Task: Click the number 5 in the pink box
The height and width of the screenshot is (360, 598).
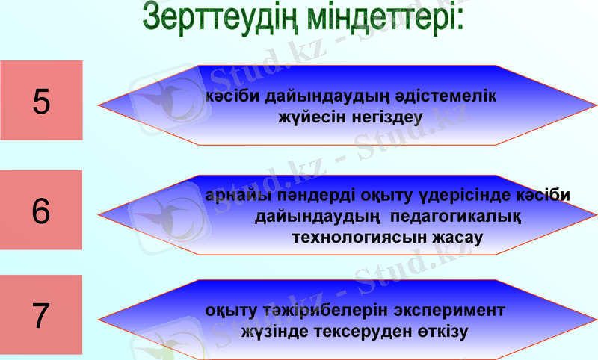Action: click(42, 102)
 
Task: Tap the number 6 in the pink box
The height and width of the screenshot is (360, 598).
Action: click(41, 211)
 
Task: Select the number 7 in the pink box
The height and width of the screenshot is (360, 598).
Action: click(42, 316)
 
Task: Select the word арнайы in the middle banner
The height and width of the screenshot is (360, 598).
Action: click(229, 195)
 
